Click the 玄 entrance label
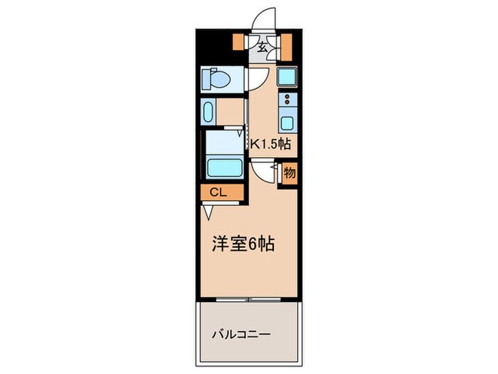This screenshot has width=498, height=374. [263, 48]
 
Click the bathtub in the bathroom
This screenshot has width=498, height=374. [225, 168]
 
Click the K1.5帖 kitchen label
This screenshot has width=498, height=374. [270, 144]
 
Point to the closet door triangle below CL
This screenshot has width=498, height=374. [207, 211]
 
